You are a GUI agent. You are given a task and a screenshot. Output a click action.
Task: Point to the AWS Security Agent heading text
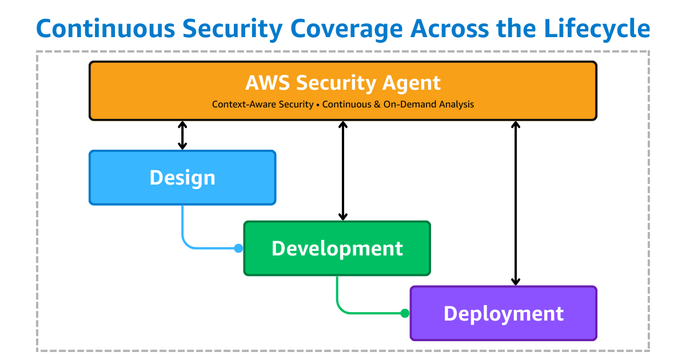(343, 83)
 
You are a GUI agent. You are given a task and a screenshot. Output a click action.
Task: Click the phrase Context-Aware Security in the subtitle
(262, 105)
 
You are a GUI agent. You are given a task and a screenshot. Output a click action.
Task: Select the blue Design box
(182, 177)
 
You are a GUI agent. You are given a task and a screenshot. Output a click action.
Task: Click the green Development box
(337, 248)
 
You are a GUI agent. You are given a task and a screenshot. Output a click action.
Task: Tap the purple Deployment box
(503, 313)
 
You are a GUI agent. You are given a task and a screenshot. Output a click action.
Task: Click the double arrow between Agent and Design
(182, 135)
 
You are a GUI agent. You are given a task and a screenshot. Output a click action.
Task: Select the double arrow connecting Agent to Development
(343, 170)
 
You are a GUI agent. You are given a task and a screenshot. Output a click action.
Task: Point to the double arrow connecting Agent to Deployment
(516, 203)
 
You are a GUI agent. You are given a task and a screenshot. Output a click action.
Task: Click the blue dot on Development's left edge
(238, 248)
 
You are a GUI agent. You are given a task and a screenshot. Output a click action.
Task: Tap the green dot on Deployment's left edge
(405, 313)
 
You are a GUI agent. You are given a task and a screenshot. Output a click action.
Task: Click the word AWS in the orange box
(268, 83)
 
